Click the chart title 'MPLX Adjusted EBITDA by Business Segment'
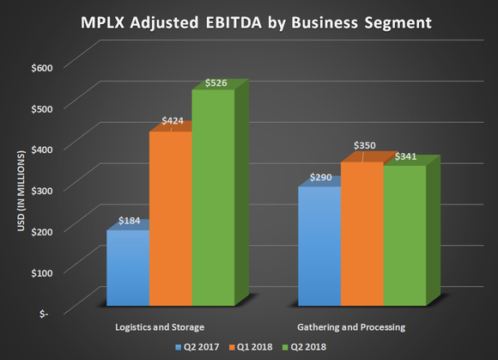tap(249, 23)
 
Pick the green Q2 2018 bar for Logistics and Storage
tap(213, 198)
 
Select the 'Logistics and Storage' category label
tap(159, 327)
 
